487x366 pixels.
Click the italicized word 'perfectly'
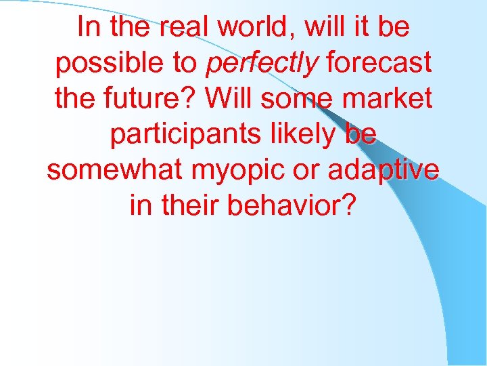(x=261, y=63)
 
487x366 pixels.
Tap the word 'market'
(x=390, y=98)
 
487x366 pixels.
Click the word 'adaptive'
(x=384, y=169)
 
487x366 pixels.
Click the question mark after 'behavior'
(x=348, y=205)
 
